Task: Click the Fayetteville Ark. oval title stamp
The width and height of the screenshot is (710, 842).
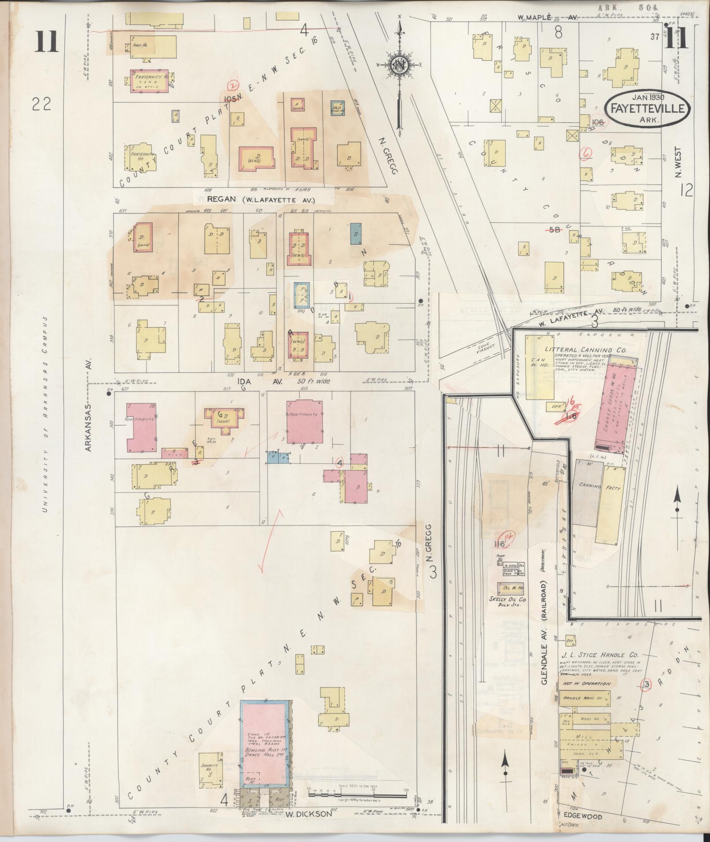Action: [x=646, y=109]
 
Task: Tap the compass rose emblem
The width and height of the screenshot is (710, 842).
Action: [x=399, y=65]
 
